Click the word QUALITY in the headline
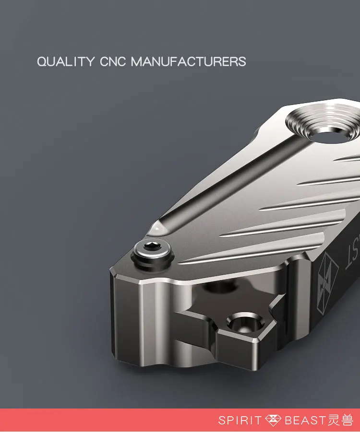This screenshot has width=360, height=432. (x=66, y=61)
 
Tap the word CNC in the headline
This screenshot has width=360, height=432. (x=112, y=61)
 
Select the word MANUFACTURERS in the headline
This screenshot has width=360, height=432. (x=189, y=61)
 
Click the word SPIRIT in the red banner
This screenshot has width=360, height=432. (x=240, y=420)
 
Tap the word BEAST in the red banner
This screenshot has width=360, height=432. (x=305, y=420)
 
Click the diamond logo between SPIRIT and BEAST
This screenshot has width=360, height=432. (x=273, y=420)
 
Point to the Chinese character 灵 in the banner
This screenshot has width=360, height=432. (x=334, y=420)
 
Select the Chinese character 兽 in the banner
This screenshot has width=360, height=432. (x=347, y=420)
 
